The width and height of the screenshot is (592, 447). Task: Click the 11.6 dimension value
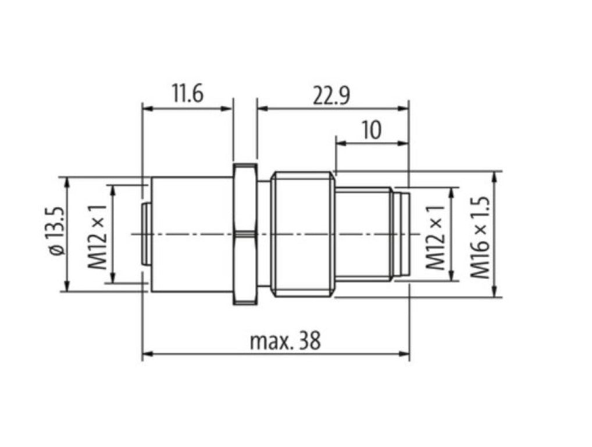tap(187, 94)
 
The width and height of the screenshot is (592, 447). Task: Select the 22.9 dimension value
tap(331, 95)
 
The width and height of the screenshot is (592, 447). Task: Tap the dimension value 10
tap(372, 130)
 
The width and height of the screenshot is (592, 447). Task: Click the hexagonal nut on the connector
tap(245, 234)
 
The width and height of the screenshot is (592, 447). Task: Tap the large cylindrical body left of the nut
tap(192, 234)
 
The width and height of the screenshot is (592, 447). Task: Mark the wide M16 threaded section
tap(304, 234)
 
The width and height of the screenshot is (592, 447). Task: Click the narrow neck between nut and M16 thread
tap(265, 234)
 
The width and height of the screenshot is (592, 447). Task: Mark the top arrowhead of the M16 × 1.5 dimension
tap(495, 175)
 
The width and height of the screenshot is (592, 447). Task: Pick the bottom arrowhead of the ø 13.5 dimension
tap(68, 288)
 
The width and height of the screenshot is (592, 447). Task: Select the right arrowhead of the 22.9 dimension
tap(405, 108)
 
